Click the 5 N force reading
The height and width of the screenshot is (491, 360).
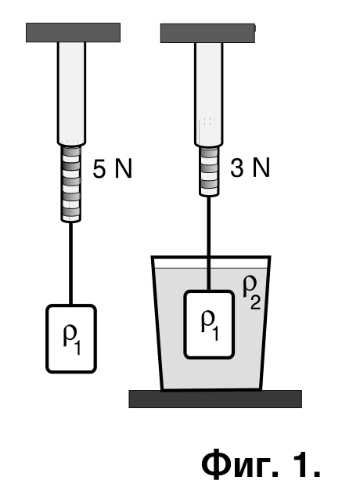tap(113, 168)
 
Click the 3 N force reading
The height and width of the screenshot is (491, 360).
tap(250, 168)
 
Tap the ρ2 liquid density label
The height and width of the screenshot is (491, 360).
tap(252, 293)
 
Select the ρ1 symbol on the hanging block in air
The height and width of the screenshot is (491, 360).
tap(72, 340)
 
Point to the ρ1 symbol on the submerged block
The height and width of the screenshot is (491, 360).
tap(210, 325)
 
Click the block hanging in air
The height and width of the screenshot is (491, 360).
tap(71, 338)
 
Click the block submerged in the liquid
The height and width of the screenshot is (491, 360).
tap(209, 324)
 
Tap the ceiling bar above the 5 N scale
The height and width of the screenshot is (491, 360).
tap(73, 32)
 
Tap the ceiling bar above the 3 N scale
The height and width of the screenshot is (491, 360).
tap(208, 33)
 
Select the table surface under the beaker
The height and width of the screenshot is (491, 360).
tap(215, 399)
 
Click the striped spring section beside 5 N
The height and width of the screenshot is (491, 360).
tap(71, 184)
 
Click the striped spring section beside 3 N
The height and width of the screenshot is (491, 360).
tap(209, 171)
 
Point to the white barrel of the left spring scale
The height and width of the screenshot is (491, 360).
tap(71, 94)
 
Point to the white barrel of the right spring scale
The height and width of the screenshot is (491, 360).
tap(209, 94)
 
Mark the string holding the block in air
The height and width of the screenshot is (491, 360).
tap(71, 263)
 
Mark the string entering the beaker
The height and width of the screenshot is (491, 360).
tap(209, 244)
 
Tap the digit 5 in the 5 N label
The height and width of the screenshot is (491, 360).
tap(99, 169)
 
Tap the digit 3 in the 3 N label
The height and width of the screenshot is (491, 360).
tap(237, 168)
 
